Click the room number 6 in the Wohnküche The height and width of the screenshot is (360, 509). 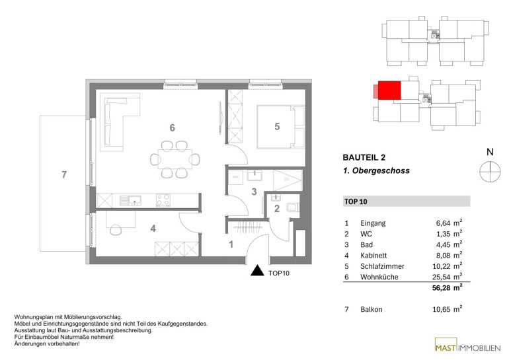[172, 127]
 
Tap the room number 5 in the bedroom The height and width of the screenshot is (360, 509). [277, 126]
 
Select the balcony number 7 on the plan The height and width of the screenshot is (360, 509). [64, 175]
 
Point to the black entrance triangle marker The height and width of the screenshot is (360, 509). [257, 270]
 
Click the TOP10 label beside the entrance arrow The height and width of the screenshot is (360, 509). [279, 273]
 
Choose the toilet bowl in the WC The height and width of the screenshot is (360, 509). [293, 207]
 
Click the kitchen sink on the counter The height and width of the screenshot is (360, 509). [130, 200]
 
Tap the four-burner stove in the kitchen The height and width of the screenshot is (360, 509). [163, 200]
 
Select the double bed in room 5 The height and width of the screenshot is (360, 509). [281, 126]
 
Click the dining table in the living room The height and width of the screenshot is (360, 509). [175, 159]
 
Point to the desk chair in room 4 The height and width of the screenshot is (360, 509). [116, 230]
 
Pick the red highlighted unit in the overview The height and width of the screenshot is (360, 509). [389, 90]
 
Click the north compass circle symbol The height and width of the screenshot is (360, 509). [490, 172]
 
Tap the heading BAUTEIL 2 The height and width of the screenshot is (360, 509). [364, 158]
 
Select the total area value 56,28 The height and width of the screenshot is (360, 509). [441, 288]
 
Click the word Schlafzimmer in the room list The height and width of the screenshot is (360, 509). [382, 266]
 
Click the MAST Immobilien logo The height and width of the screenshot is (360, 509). [467, 347]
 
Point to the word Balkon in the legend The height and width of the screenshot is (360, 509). [372, 309]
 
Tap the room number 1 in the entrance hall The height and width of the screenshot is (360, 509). [231, 244]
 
